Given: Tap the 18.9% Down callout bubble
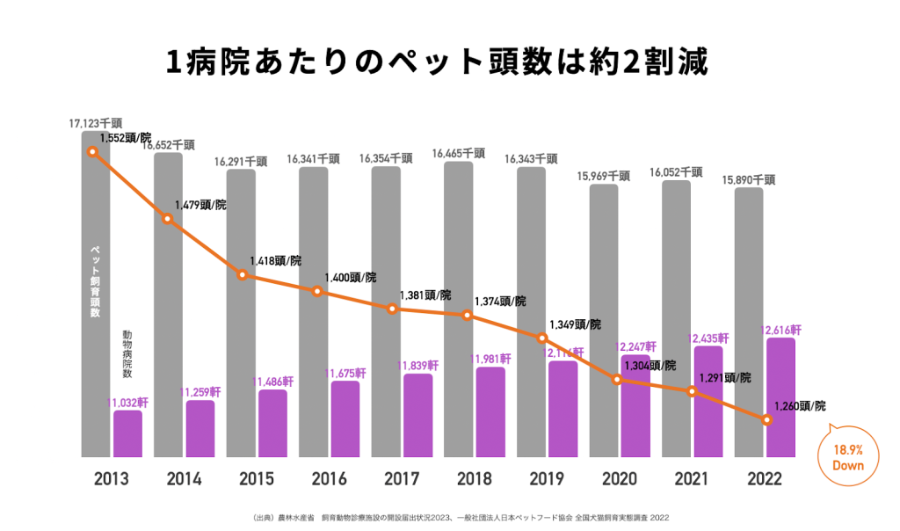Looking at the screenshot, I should pyautogui.click(x=848, y=456).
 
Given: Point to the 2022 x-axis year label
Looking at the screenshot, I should pyautogui.click(x=766, y=479).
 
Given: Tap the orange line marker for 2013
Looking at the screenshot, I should pyautogui.click(x=92, y=151).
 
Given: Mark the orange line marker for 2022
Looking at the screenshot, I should pyautogui.click(x=767, y=420).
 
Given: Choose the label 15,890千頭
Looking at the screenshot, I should pyautogui.click(x=750, y=179).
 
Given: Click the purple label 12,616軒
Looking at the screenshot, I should pyautogui.click(x=780, y=330).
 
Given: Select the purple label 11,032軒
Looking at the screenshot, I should pyautogui.click(x=127, y=402).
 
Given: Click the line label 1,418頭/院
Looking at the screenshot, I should pyautogui.click(x=274, y=260).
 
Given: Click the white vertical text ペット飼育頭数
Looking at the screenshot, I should pyautogui.click(x=96, y=280).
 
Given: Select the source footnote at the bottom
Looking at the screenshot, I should pyautogui.click(x=449, y=517).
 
